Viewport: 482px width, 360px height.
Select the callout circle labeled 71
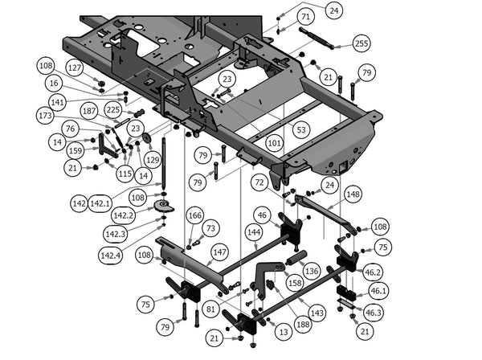click(x=305, y=17)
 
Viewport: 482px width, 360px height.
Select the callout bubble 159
click(x=75, y=149)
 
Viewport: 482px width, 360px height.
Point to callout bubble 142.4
click(x=112, y=255)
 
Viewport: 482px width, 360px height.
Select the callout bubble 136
click(x=312, y=271)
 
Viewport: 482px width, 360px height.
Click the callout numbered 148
click(x=352, y=194)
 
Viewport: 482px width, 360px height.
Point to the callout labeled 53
click(x=301, y=129)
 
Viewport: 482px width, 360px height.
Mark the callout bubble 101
click(x=275, y=145)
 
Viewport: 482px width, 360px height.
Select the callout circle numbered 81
click(x=210, y=308)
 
